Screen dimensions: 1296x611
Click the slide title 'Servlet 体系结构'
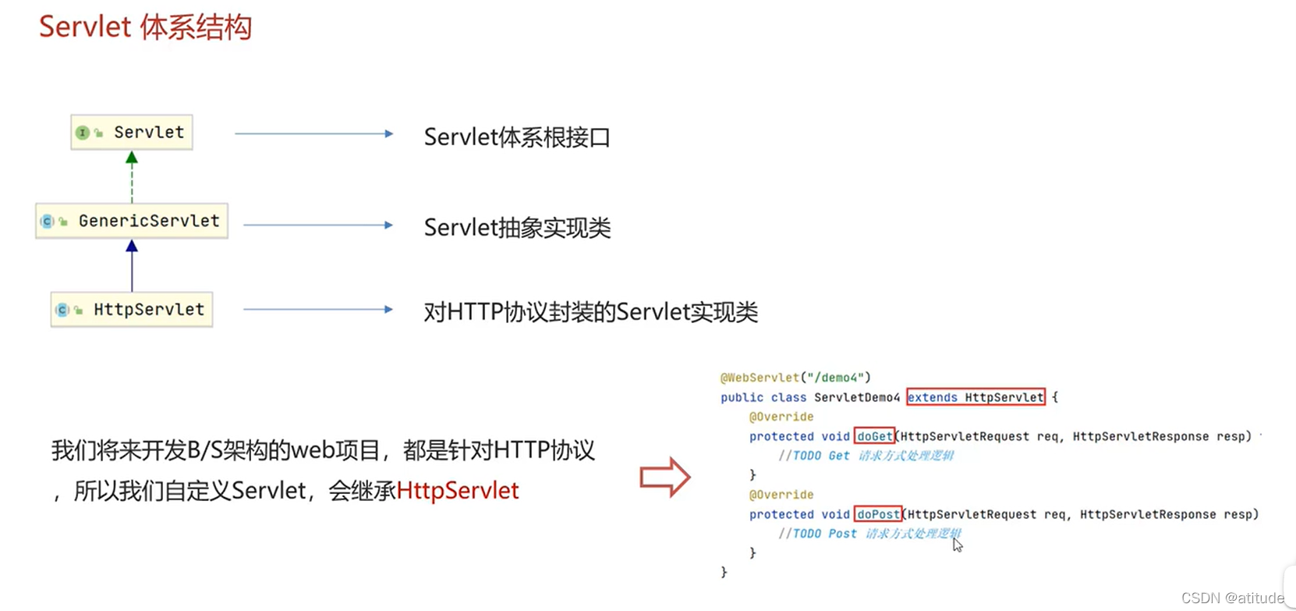[x=145, y=27]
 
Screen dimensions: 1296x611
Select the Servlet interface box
[x=132, y=133]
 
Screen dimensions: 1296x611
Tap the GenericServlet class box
[x=132, y=221]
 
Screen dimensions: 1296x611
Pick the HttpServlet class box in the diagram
[x=132, y=310]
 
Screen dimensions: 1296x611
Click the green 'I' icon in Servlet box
[x=82, y=133]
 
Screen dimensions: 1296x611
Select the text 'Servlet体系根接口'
[x=516, y=137]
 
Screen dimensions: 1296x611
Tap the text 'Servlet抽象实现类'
[x=517, y=228]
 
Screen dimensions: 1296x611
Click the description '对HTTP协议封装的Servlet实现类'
[x=590, y=312]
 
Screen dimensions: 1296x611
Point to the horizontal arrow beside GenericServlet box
[x=318, y=226]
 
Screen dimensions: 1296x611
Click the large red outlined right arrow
[x=664, y=477]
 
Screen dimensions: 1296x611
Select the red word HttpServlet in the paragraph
[x=458, y=491]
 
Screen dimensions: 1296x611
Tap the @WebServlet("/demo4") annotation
[x=795, y=378]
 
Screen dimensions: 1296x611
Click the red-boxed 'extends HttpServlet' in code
[x=976, y=397]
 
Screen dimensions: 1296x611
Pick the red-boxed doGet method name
[x=874, y=436]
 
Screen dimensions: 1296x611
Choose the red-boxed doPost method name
[x=878, y=514]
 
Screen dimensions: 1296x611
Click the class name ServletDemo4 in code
[x=856, y=397]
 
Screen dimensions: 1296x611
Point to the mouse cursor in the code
[x=957, y=545]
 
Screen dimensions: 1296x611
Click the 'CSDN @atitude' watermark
[x=1231, y=598]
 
